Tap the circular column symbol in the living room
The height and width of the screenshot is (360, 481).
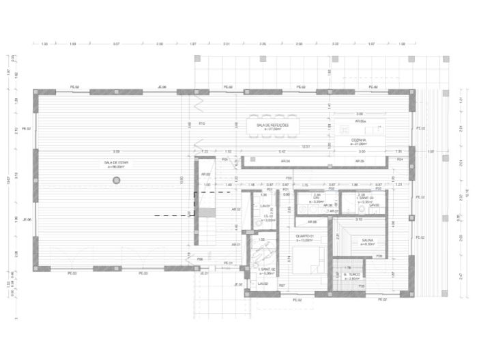[x=117, y=180]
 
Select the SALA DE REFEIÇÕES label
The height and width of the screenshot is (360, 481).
[x=273, y=126]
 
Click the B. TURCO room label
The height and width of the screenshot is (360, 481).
[x=351, y=275]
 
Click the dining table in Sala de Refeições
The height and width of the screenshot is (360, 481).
[x=273, y=127]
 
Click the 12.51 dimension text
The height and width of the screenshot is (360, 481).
[x=306, y=146]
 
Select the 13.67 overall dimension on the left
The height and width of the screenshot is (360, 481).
[x=7, y=180]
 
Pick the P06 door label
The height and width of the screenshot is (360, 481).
[x=200, y=260]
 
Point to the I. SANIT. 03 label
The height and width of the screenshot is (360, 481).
[x=366, y=199]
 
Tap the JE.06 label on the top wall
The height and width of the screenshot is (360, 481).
[x=162, y=87]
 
